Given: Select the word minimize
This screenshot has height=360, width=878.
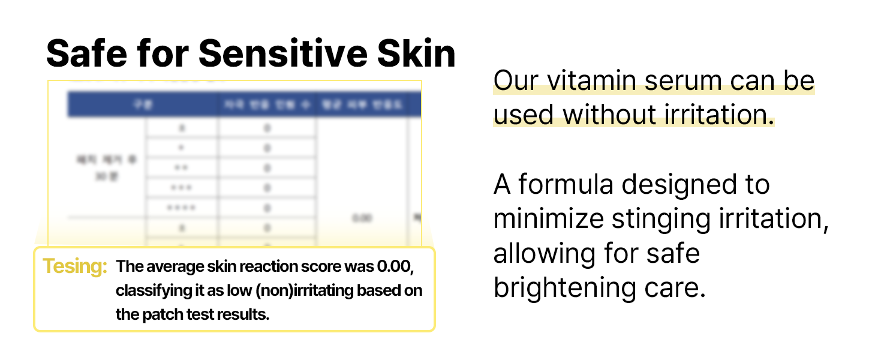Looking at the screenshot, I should [548, 219].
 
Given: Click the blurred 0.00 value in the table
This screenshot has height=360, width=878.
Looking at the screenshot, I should [362, 218].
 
